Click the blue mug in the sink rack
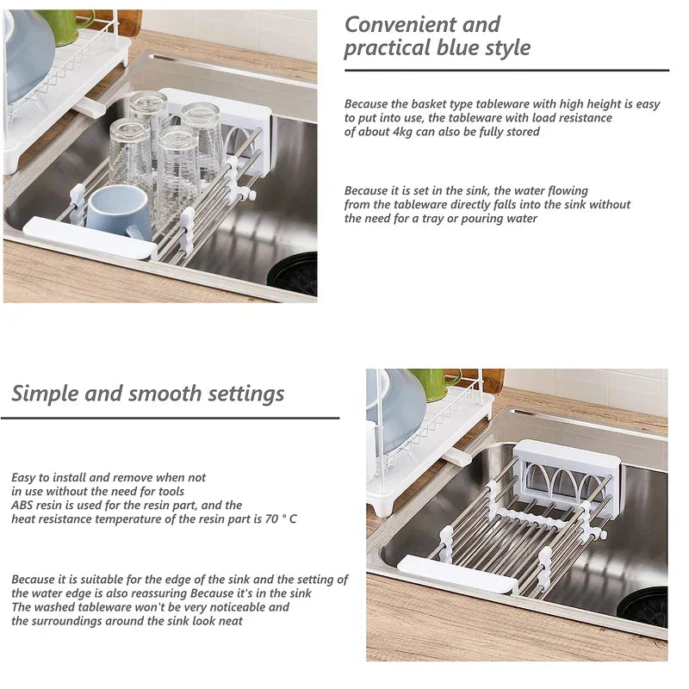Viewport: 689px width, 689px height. click(x=120, y=213)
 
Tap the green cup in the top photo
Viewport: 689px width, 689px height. click(x=66, y=27)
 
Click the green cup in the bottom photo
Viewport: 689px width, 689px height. click(x=433, y=384)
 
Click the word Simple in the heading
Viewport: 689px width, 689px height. click(x=45, y=394)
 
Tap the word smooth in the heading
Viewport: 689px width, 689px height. click(x=164, y=394)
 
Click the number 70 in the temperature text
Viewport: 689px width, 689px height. click(x=271, y=519)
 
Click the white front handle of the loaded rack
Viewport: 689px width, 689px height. click(x=90, y=238)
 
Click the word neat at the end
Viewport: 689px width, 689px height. click(x=231, y=621)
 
